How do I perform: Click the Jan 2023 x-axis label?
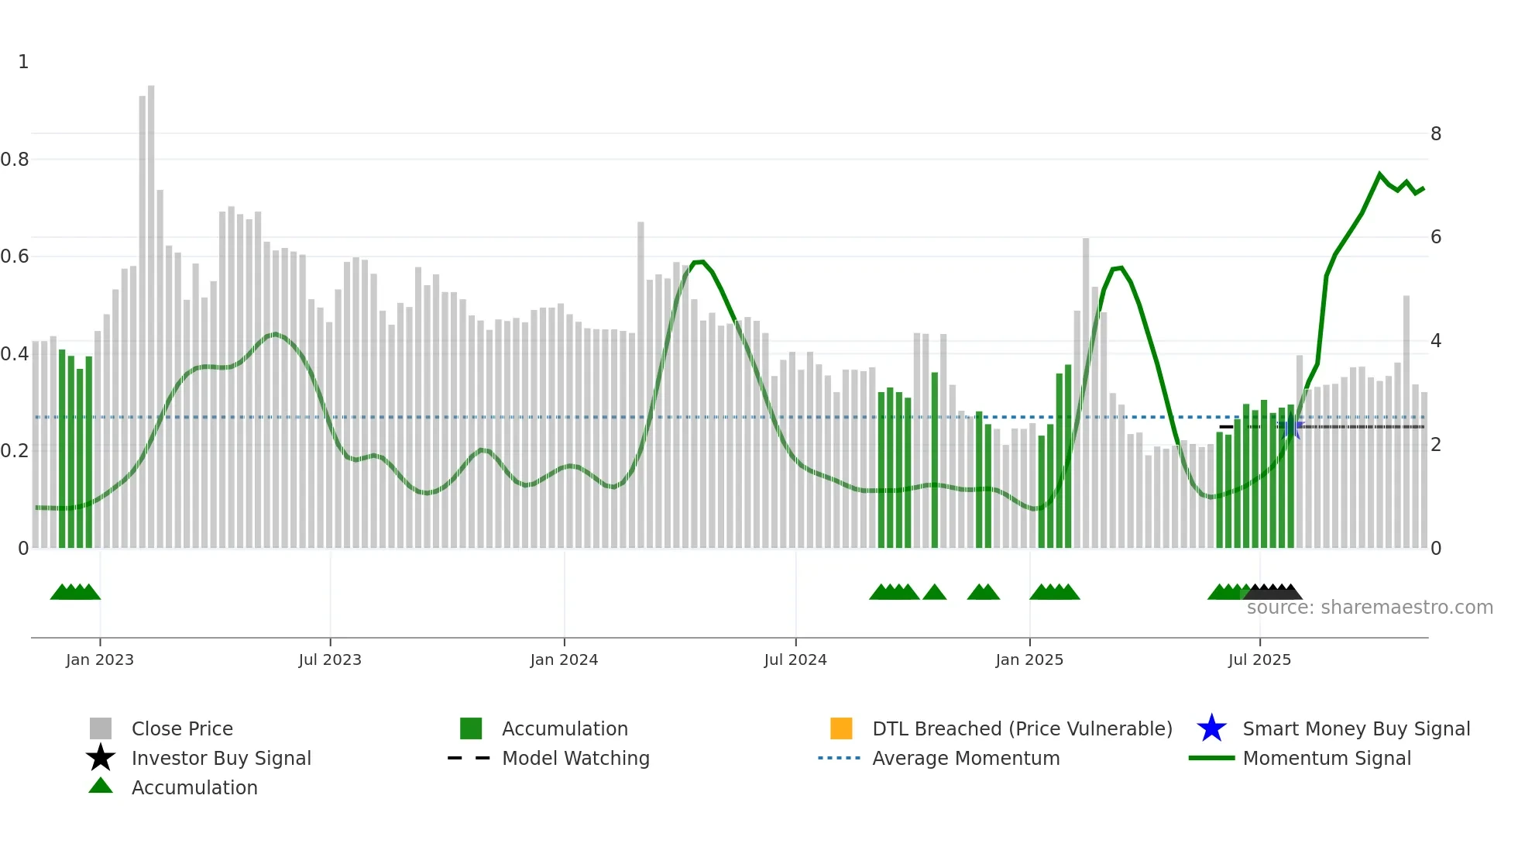[99, 659]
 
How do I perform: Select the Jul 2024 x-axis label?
[795, 659]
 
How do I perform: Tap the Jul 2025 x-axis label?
[1259, 659]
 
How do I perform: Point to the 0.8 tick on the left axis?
[15, 160]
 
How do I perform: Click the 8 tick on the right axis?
[1435, 134]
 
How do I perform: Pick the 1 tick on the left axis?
[23, 62]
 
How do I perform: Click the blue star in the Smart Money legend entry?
[1211, 728]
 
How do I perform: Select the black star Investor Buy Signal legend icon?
[101, 758]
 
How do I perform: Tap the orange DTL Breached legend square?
[841, 728]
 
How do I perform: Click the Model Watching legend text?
[575, 758]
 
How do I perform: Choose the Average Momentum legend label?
[966, 758]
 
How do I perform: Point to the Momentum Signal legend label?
[1327, 758]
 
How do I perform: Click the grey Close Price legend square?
[101, 728]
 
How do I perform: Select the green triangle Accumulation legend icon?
[101, 786]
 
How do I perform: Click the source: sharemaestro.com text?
[1369, 608]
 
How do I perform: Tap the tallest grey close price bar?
[151, 310]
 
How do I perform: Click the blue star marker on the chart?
[1291, 427]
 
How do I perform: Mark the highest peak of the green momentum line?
[1379, 174]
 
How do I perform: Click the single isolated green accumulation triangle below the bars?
[935, 593]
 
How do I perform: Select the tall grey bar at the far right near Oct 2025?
[1406, 418]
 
